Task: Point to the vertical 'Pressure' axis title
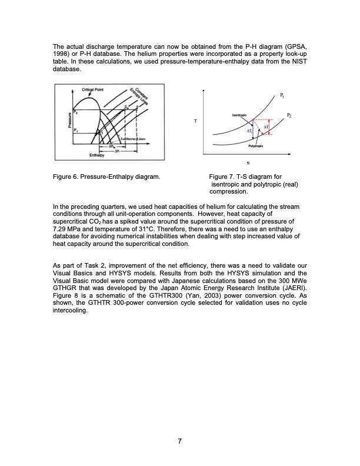(57, 121)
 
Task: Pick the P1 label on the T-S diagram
(282, 95)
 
